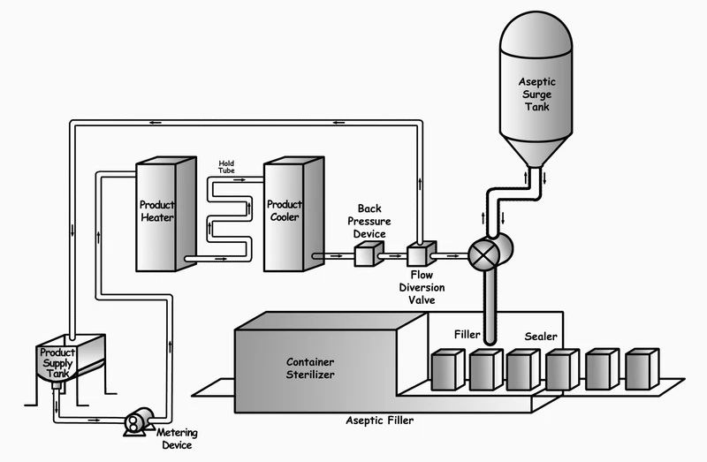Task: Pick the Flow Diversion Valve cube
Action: click(417, 254)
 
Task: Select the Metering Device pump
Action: click(136, 421)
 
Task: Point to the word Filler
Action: click(467, 335)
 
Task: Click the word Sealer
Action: click(541, 337)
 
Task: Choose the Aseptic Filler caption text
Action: click(379, 420)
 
